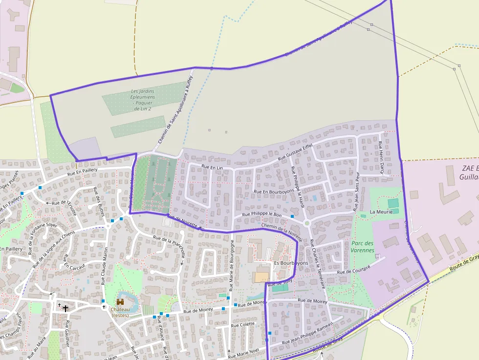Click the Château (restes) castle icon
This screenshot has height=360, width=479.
[x=120, y=302]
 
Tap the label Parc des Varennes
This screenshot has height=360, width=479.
[x=363, y=247]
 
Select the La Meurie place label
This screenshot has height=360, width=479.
[x=381, y=212]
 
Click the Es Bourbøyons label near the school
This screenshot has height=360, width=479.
[x=291, y=263]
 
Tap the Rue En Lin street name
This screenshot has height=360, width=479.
[x=212, y=168]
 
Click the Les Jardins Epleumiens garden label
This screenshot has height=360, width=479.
[x=143, y=100]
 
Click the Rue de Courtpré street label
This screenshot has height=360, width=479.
[x=354, y=269]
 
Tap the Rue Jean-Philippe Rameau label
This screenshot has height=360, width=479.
[x=301, y=338]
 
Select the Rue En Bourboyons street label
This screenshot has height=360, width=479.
[x=274, y=191]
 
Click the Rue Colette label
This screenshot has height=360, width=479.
[x=243, y=324]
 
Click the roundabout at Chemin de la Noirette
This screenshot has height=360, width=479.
[x=307, y=223]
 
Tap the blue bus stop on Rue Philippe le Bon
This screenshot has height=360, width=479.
[x=292, y=216]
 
